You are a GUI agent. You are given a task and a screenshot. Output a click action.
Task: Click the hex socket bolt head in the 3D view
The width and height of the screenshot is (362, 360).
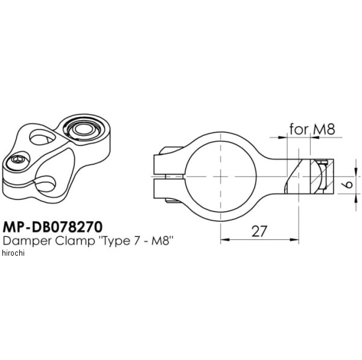coord(18,160)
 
